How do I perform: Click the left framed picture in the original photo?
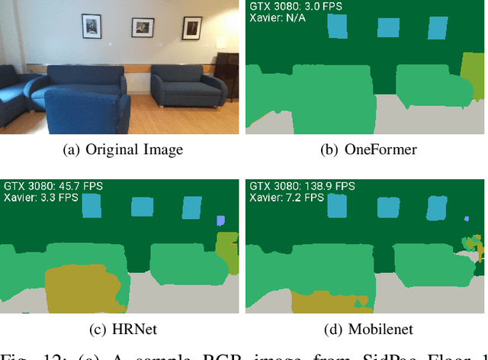pos(91,24)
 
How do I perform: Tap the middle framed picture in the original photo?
pos(143,27)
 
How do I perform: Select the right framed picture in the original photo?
pos(192,27)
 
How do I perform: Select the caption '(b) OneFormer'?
pos(364,149)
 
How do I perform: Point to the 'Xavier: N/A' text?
pos(278,19)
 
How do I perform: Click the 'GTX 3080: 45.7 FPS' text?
pos(53,185)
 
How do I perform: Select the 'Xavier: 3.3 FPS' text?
pos(40,197)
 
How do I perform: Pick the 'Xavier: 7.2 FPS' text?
pos(284,197)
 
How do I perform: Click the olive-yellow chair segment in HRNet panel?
pos(80,287)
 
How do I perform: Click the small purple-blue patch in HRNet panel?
pos(220,220)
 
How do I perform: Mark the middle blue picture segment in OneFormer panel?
pos(388,27)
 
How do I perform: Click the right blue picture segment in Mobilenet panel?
pos(438,207)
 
